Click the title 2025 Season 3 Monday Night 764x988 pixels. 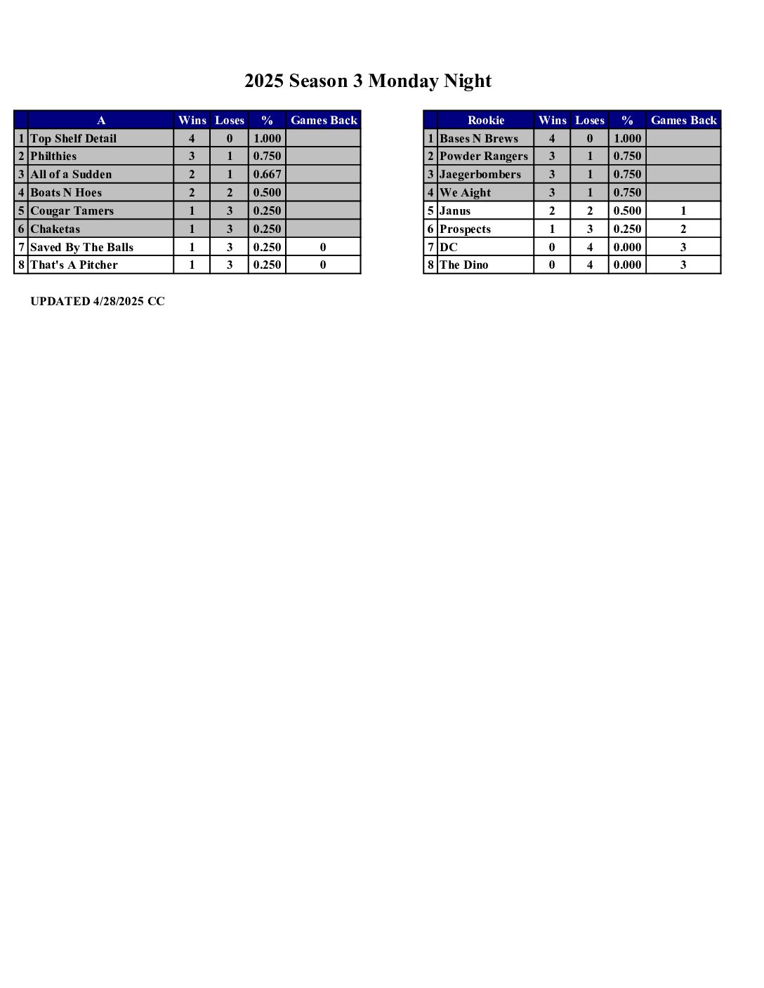click(367, 81)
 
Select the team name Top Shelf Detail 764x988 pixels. click(74, 138)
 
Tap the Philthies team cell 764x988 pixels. click(53, 156)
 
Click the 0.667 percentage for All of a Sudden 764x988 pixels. click(267, 174)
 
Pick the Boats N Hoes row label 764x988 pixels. click(66, 192)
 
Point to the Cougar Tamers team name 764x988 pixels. click(72, 211)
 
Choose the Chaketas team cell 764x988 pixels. click(55, 229)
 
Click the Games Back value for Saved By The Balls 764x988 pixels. click(323, 247)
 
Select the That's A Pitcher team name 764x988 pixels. click(74, 265)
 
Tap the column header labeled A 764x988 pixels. click(101, 120)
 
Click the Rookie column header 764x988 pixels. click(486, 120)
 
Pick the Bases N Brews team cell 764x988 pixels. click(479, 138)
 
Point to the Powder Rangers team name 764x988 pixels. click(484, 156)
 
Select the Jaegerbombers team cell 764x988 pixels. click(480, 174)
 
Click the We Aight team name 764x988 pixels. click(465, 192)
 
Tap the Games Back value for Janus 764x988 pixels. click(683, 211)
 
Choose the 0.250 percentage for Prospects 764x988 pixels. click(627, 229)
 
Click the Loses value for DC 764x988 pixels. click(590, 247)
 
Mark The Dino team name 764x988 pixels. click(464, 265)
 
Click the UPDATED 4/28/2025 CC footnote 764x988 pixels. click(98, 302)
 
